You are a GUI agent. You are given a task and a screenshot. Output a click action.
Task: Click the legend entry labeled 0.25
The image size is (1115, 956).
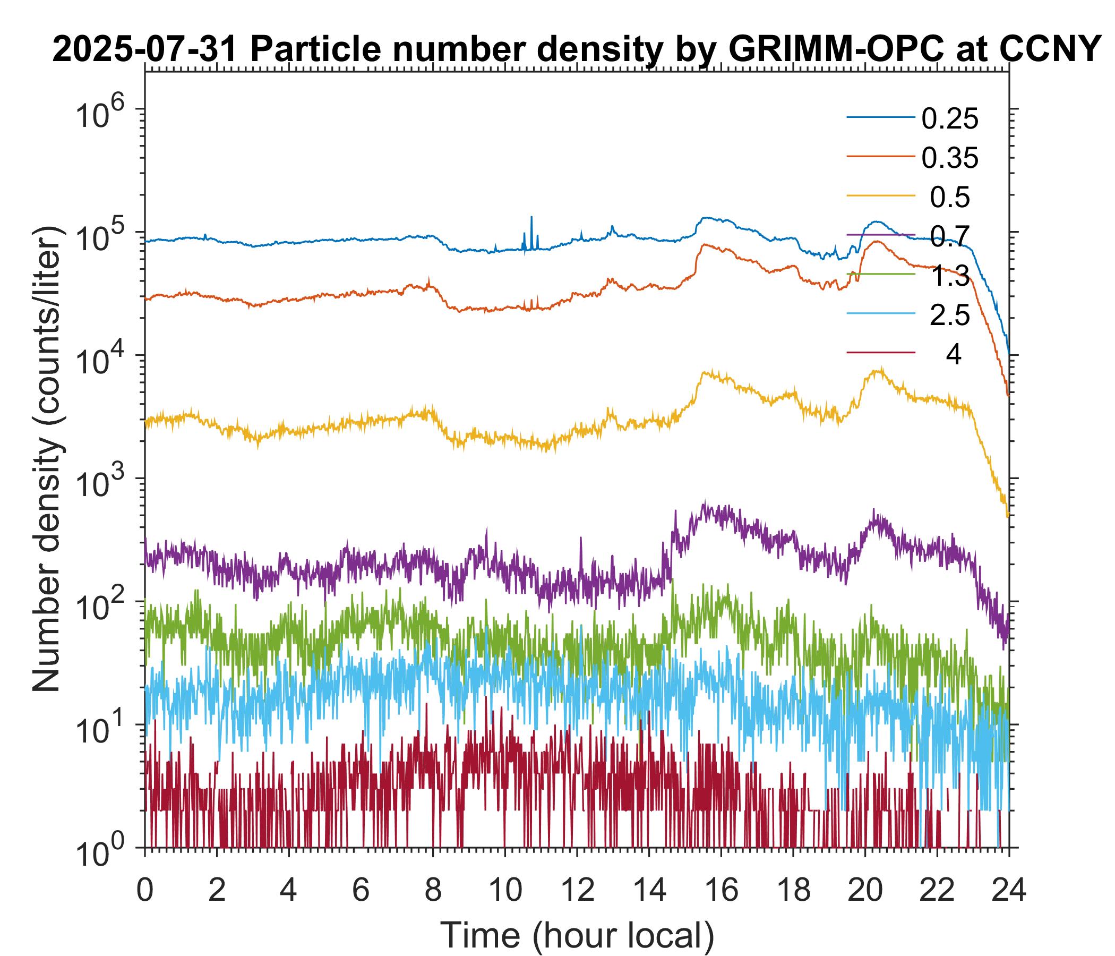950,119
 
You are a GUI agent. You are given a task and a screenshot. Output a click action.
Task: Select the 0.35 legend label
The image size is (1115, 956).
950,158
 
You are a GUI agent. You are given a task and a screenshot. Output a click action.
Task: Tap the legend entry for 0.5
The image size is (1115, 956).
950,198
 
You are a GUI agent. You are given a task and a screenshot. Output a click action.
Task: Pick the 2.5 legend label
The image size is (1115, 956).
950,315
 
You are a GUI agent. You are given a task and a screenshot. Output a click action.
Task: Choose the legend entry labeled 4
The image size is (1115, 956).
953,355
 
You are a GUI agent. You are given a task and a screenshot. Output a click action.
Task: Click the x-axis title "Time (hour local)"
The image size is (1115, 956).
577,935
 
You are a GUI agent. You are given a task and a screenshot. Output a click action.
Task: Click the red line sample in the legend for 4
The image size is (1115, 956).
881,353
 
